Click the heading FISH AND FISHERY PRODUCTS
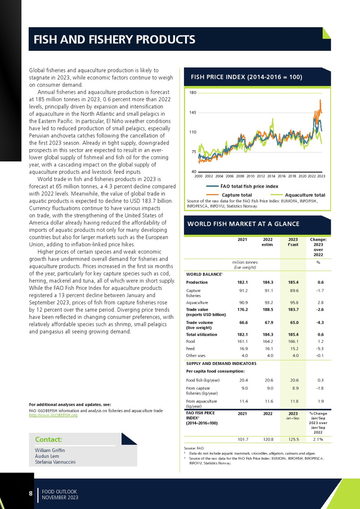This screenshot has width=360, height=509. [x=114, y=40]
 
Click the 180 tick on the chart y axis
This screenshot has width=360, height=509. [x=193, y=93]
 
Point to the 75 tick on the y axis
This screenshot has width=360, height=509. [x=194, y=152]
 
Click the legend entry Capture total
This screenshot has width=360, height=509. [x=237, y=195]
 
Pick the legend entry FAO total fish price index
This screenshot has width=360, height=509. [x=249, y=186]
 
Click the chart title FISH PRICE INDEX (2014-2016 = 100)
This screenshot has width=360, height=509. [x=246, y=77]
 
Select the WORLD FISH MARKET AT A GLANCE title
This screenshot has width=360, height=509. [x=243, y=224]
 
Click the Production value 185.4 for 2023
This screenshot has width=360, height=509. [x=293, y=282]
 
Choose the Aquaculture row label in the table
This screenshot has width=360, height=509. [x=197, y=302]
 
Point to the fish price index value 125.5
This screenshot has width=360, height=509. [x=293, y=440]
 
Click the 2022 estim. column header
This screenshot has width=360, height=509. [x=267, y=242]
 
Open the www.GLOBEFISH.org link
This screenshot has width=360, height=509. [x=53, y=415]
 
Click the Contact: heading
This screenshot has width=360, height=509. [x=48, y=440]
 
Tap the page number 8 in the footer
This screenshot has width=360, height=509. [x=30, y=494]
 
